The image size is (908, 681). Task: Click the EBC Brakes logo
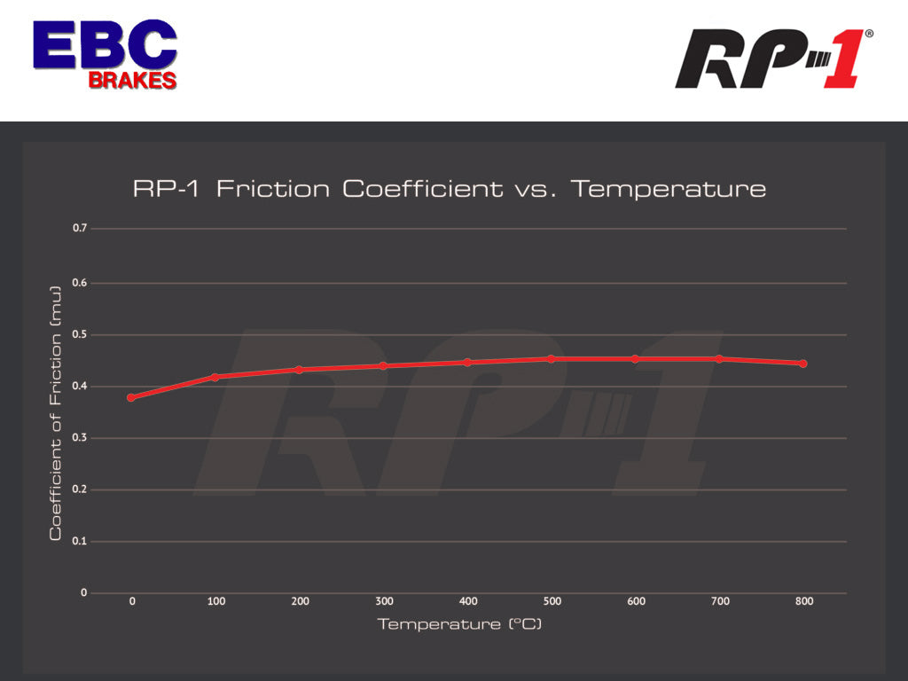pyautogui.click(x=105, y=53)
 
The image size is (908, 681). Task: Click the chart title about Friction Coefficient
pyautogui.click(x=449, y=189)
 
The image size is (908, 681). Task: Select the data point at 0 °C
pyautogui.click(x=131, y=397)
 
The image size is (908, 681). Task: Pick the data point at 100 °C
pyautogui.click(x=215, y=377)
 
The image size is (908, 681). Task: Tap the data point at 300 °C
pyautogui.click(x=383, y=365)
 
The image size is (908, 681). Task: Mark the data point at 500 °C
pyautogui.click(x=551, y=359)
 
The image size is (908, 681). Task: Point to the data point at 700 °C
pyautogui.click(x=719, y=359)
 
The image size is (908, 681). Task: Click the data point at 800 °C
pyautogui.click(x=802, y=364)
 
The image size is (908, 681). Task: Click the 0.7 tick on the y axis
pyautogui.click(x=81, y=229)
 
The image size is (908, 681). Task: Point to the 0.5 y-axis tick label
pyautogui.click(x=81, y=334)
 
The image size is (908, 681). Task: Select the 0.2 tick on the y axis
pyautogui.click(x=81, y=489)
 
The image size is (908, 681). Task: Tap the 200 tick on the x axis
pyautogui.click(x=300, y=601)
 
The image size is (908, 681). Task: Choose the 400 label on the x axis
pyautogui.click(x=468, y=601)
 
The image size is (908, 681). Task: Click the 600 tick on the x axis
pyautogui.click(x=636, y=601)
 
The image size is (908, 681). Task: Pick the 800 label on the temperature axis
pyautogui.click(x=803, y=601)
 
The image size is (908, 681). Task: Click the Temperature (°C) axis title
pyautogui.click(x=459, y=624)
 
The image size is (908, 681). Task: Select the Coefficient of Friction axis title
pyautogui.click(x=56, y=413)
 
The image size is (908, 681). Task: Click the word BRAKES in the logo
pyautogui.click(x=132, y=80)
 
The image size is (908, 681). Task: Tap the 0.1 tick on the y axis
pyautogui.click(x=81, y=541)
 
